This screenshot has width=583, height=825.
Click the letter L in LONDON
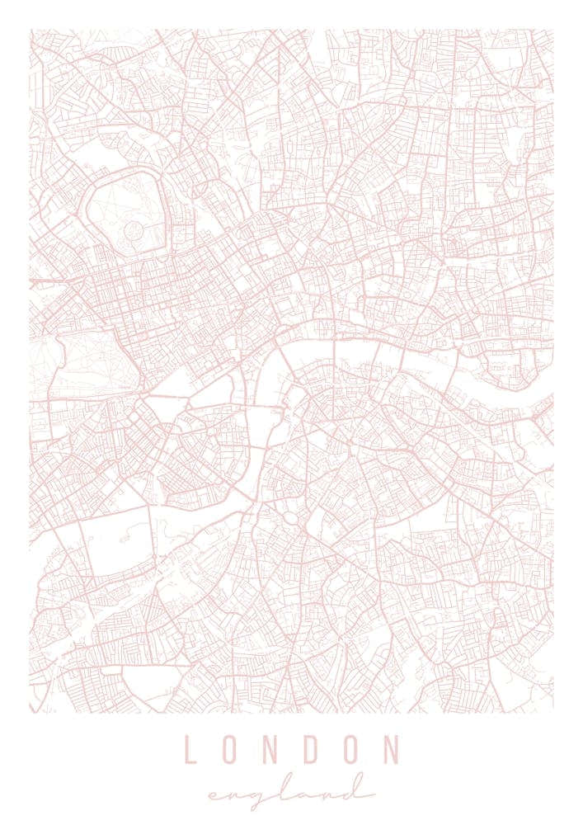pyautogui.click(x=190, y=750)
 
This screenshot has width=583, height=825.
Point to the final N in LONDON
pyautogui.click(x=390, y=750)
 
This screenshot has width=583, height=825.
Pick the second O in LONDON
pyautogui.click(x=350, y=750)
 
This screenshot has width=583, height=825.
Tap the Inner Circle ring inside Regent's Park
pyautogui.click(x=133, y=228)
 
